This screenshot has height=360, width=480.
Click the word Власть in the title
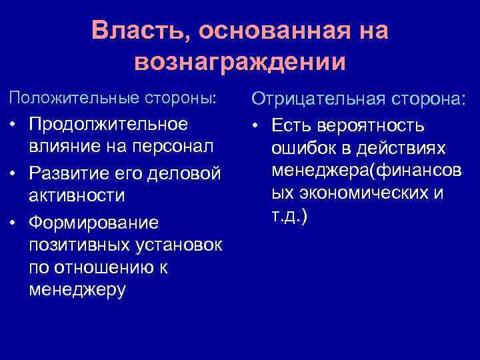pos(139,31)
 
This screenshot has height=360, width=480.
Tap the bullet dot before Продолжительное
pos(14,125)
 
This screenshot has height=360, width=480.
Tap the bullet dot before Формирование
pos(14,221)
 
